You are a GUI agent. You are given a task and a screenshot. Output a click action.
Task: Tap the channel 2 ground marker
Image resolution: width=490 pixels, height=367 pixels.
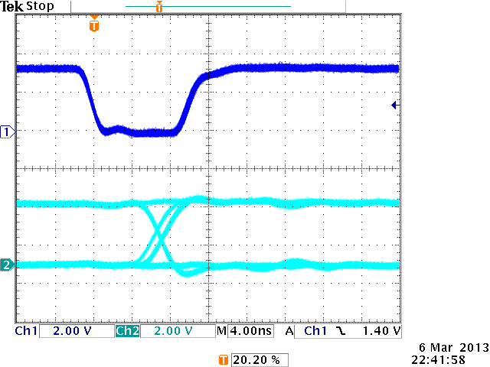pos(8,265)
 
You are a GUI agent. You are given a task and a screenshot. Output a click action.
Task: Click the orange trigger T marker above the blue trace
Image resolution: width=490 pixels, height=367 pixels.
pos(94,25)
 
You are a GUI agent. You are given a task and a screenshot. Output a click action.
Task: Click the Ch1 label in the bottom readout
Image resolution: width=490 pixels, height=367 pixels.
pos(26,332)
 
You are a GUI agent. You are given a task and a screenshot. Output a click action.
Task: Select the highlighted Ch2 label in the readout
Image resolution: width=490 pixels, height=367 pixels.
pos(126,332)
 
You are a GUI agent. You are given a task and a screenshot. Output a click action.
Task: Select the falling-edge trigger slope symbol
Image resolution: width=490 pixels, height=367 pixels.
pos(341,332)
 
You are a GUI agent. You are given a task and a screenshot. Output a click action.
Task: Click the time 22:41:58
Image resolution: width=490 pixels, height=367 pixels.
pos(445,359)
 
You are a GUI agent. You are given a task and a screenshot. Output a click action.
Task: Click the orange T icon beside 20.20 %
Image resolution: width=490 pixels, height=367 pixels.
pos(223,359)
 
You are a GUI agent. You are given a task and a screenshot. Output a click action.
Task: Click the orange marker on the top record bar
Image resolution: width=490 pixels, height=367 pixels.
pos(158,8)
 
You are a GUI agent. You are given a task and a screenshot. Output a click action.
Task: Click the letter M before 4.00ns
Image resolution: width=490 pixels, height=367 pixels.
pos(221,332)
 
